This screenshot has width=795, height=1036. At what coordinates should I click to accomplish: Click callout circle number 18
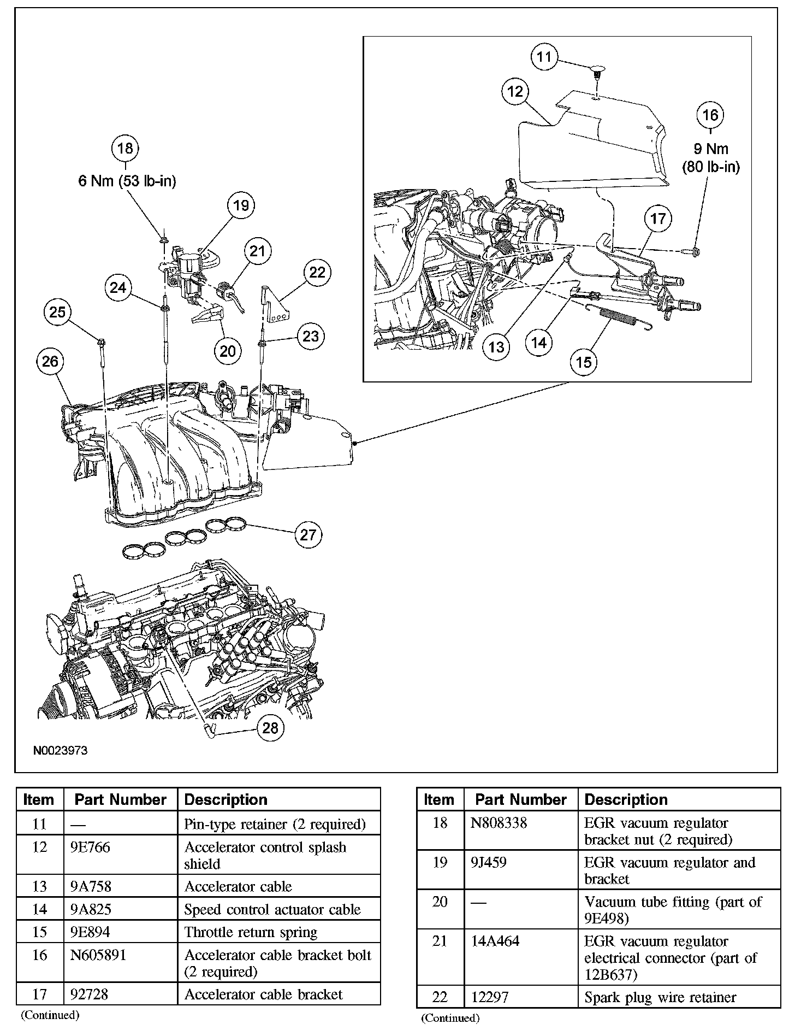pos(125,148)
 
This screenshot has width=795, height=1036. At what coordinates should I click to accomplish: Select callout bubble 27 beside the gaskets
pos(308,534)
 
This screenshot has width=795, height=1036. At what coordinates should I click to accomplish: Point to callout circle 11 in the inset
pos(544,57)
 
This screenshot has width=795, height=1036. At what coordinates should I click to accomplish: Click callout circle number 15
pos(584,362)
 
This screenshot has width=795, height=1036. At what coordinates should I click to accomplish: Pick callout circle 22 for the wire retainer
pos(317,272)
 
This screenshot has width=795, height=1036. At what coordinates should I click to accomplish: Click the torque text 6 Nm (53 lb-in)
pos(127,181)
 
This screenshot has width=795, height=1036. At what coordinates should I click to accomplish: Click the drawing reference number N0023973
pos(60,751)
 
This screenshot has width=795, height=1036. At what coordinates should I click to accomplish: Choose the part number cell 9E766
pos(91,847)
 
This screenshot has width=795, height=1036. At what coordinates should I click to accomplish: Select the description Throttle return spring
pos(251,932)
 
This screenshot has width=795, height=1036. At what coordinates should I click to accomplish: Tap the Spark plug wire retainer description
pos(660,997)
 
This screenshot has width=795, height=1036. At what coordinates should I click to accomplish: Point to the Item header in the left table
pos(39,800)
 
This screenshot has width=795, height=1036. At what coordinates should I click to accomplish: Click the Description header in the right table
pos(626,799)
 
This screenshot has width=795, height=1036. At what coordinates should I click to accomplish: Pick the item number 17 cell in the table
pos(39,994)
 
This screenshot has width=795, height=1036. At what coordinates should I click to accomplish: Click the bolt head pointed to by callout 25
pos(102,343)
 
